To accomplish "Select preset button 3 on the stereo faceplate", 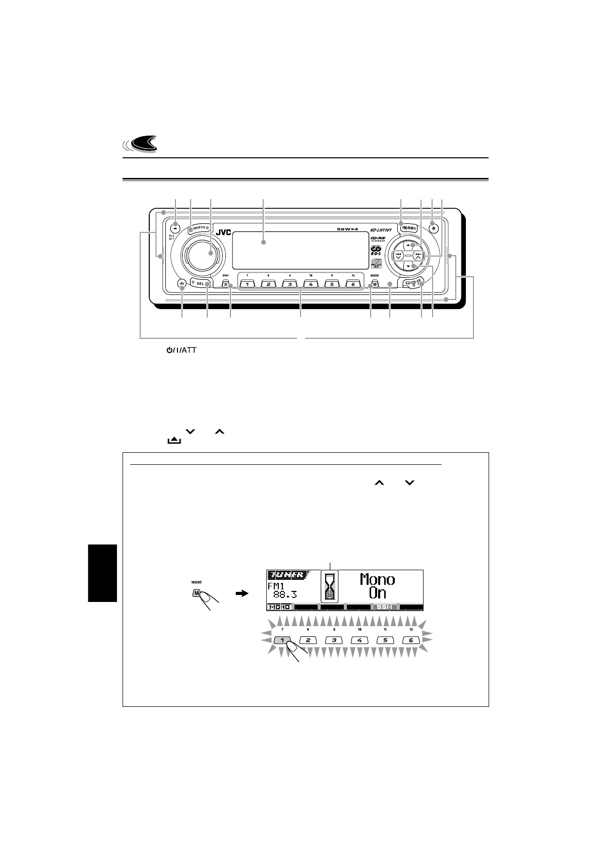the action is [x=289, y=284].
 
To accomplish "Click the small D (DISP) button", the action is [x=226, y=284].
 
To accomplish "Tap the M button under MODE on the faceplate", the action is [x=375, y=284].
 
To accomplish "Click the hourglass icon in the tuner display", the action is [x=330, y=587].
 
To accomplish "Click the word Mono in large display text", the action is [x=377, y=579].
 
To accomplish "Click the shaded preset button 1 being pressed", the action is [x=283, y=640].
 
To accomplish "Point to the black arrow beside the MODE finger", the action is [x=243, y=594].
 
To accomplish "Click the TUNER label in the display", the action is [x=286, y=575].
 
